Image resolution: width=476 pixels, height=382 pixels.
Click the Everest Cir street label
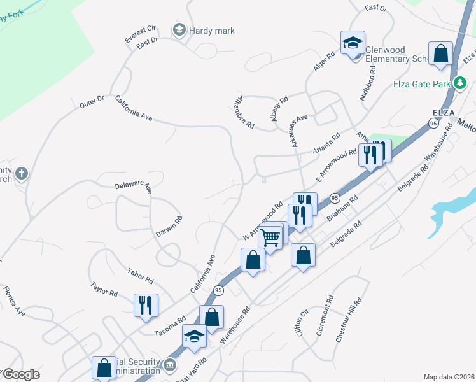(140, 34)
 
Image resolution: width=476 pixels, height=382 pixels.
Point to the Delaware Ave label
(134, 187)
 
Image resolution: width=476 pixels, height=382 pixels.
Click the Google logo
(20, 375)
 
